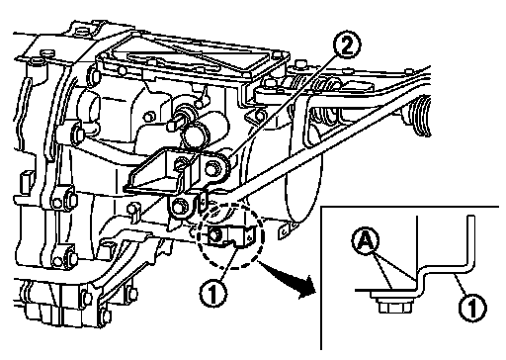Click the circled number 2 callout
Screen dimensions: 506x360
tap(346, 46)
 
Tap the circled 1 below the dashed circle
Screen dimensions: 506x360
tap(213, 293)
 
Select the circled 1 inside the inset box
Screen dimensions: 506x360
tap(472, 308)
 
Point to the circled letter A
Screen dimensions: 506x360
tap(365, 242)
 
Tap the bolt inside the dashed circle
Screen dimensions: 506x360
tap(214, 234)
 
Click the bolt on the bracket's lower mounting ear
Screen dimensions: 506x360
tap(178, 208)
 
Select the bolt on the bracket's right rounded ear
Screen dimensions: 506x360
tap(211, 168)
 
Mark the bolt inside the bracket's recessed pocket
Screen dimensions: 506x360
tap(181, 162)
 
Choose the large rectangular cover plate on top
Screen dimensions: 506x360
tap(194, 56)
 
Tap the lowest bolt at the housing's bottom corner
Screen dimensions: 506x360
tap(106, 316)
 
